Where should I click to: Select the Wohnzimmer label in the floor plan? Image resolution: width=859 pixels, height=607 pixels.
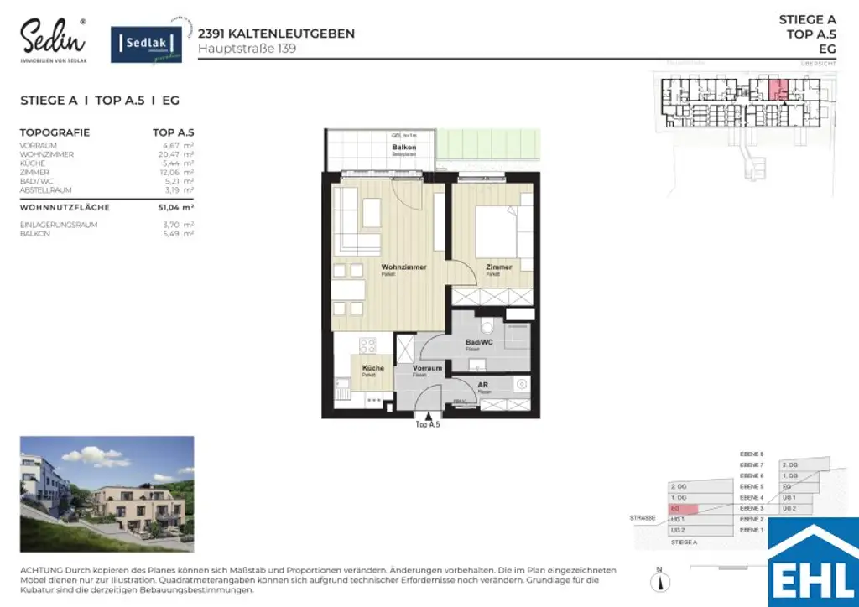tap(403, 267)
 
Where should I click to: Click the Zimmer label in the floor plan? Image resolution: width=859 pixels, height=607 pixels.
tap(498, 267)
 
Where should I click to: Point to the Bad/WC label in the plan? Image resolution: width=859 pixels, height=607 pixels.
tap(478, 342)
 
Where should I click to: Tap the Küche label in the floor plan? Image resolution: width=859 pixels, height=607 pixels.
tap(373, 369)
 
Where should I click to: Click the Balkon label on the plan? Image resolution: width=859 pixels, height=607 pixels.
tap(404, 148)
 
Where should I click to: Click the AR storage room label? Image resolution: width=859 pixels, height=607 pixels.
tap(483, 385)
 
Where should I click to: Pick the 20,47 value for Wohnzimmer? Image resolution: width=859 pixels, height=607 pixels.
tap(172, 154)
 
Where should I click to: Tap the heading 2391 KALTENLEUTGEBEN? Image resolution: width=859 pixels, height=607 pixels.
tap(276, 34)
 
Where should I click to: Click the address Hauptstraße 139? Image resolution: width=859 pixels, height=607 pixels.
tap(247, 49)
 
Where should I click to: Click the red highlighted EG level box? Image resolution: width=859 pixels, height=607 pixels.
tap(683, 509)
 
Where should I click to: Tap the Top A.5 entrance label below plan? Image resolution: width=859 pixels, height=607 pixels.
tap(428, 425)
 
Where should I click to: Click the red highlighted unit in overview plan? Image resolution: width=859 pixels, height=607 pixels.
tap(778, 88)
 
